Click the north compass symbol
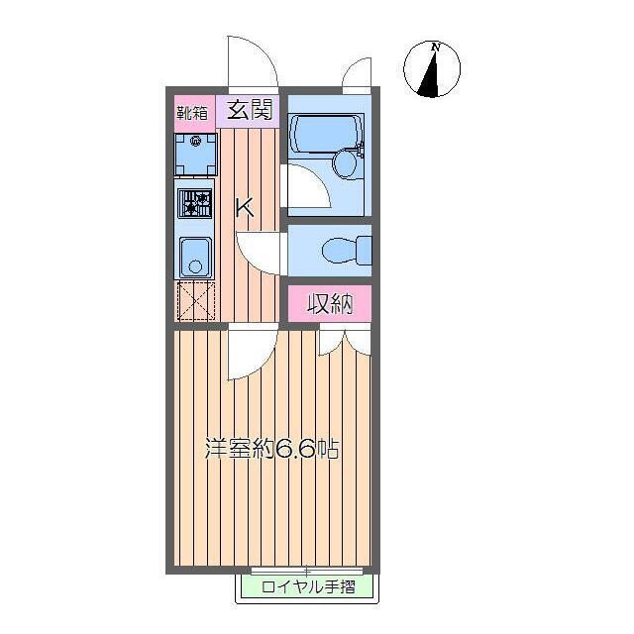pos(433,71)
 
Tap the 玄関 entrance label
pos(251,110)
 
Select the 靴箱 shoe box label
pos(192,111)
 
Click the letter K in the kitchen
pos(245,208)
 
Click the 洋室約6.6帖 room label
pos(271,449)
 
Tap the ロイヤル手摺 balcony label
pos(308,587)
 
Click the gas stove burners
pos(195,204)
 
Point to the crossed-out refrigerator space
pos(195,301)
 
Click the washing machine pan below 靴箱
pos(195,154)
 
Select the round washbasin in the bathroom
pos(346,162)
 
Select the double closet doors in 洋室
pos(344,342)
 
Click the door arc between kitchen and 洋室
pos(252,350)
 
